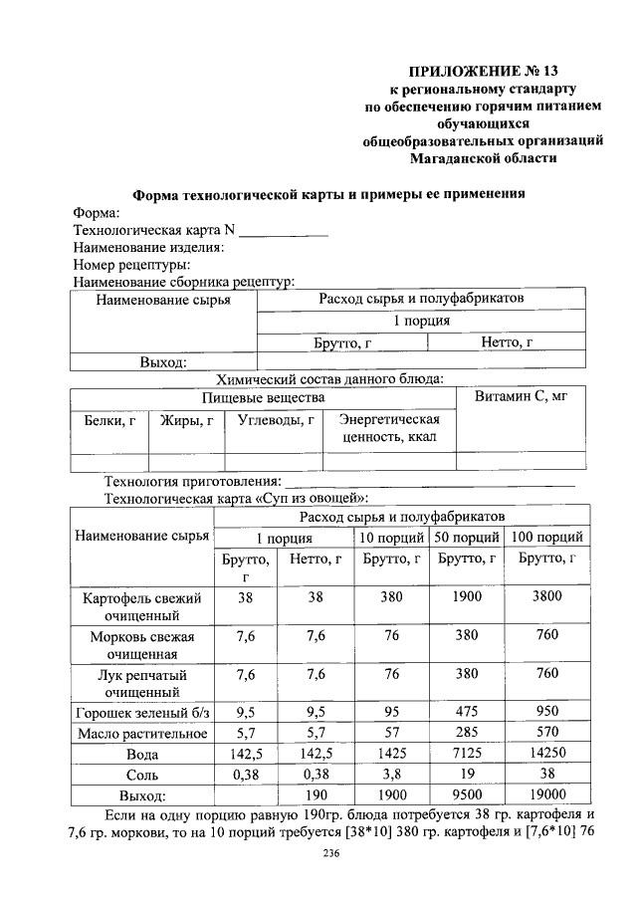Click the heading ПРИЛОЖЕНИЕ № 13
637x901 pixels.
pyautogui.click(x=486, y=71)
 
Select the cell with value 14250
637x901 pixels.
pyautogui.click(x=546, y=754)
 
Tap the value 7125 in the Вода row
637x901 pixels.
pyautogui.click(x=467, y=754)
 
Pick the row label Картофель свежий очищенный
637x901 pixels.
pyautogui.click(x=140, y=607)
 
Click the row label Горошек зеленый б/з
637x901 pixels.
pyautogui.click(x=140, y=713)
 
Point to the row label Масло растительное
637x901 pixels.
pyautogui.click(x=140, y=734)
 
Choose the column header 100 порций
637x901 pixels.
pyautogui.click(x=546, y=538)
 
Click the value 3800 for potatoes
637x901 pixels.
pyautogui.click(x=546, y=598)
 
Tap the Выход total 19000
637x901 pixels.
pyautogui.click(x=546, y=795)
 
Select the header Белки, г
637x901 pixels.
pyautogui.click(x=109, y=420)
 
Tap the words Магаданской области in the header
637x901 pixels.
pyautogui.click(x=485, y=157)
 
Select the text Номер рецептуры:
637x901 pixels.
pyautogui.click(x=132, y=265)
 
